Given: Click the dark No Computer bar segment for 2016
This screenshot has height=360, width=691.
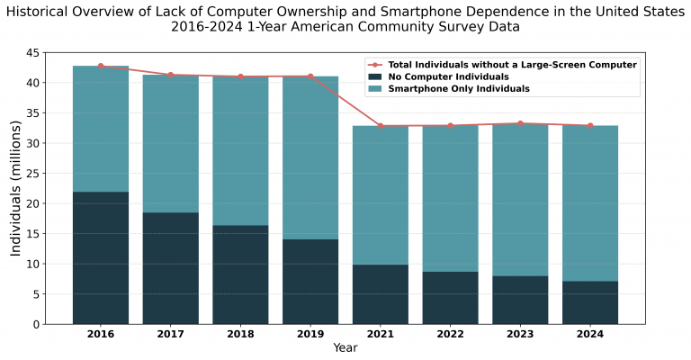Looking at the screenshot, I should pos(101,257).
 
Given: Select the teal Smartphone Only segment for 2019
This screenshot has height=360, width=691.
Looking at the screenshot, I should pos(310,157).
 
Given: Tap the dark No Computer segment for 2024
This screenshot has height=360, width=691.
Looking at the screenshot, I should pos(590,302).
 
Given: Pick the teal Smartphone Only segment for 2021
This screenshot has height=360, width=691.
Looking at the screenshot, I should pos(381,194).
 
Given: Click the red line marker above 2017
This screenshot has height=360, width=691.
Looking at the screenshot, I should pos(171,75).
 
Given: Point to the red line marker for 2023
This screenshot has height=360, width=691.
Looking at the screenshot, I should pos(520,123).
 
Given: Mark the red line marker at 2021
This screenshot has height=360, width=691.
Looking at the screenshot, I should pos(381,126).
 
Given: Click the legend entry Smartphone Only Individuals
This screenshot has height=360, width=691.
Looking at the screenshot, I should pos(459,89).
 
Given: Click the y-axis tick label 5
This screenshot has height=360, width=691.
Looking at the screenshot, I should pos(35,294).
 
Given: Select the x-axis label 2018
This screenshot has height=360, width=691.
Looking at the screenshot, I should pos(240,335).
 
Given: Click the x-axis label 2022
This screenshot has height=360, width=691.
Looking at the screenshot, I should pos(450,335).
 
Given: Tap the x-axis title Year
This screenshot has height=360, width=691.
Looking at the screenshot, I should pos(345,348).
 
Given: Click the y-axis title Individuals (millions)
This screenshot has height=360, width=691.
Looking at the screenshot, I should pos(16,189).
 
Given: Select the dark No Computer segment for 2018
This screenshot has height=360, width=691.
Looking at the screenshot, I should pos(240,274).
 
